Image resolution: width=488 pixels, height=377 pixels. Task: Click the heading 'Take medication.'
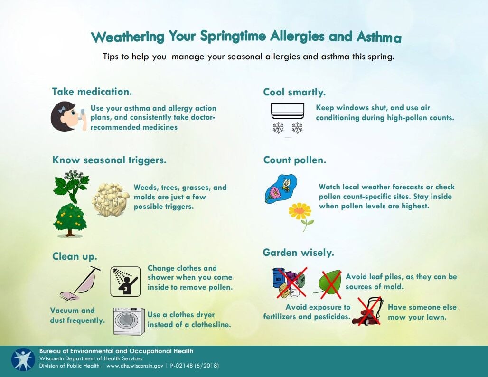click(92, 92)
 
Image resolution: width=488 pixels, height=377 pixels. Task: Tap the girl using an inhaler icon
click(68, 116)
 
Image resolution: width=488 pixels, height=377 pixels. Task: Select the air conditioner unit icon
click(287, 111)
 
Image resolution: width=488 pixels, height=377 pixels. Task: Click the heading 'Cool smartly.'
click(294, 92)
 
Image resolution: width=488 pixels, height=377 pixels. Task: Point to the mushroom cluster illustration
click(110, 199)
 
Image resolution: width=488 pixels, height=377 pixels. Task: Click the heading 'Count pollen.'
click(295, 160)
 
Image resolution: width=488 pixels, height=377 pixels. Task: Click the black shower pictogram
click(125, 282)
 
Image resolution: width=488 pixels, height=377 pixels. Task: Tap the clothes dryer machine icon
click(129, 321)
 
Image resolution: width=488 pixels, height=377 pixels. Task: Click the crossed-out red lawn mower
click(367, 311)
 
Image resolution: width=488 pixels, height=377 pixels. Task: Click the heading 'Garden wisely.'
click(298, 253)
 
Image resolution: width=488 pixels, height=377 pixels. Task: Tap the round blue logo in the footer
click(23, 360)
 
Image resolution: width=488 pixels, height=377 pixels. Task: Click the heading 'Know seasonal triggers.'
click(109, 160)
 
